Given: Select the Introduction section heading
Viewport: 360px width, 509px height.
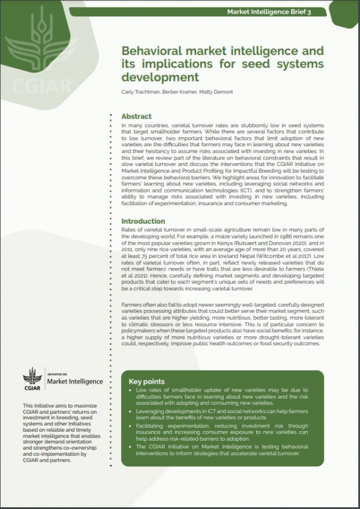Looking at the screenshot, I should [x=143, y=221].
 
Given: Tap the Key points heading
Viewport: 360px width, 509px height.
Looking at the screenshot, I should [x=146, y=381].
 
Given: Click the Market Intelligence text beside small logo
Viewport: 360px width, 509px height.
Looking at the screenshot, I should [x=74, y=381].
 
